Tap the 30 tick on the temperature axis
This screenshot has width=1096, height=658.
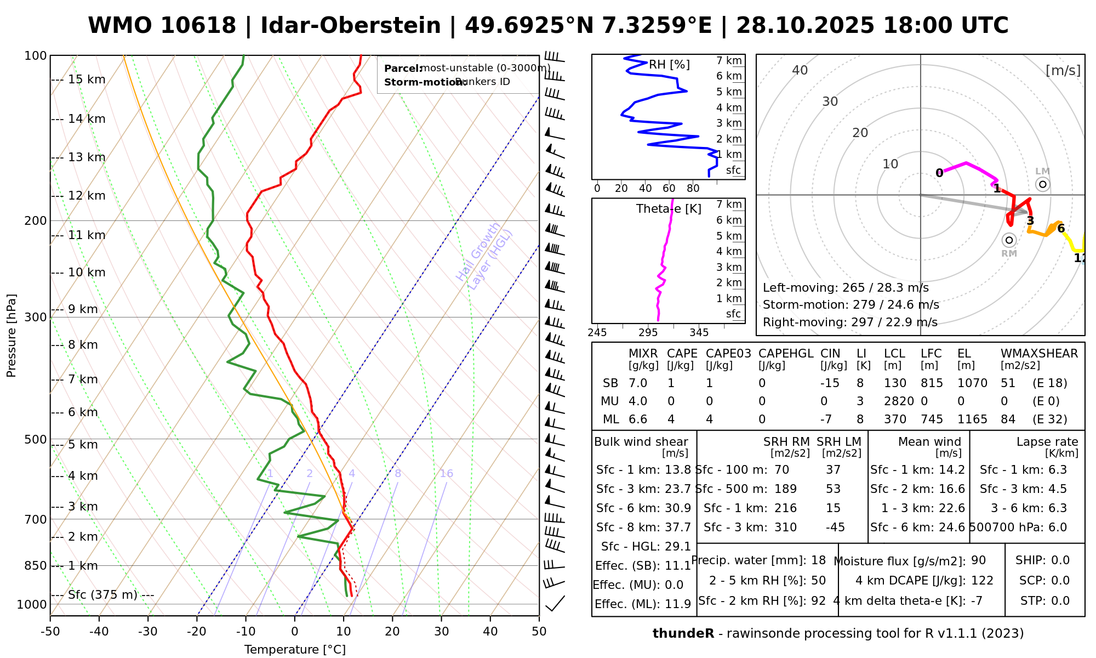pyautogui.click(x=441, y=632)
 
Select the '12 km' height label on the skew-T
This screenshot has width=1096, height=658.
pyautogui.click(x=87, y=196)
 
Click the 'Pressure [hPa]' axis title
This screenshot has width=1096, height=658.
pyautogui.click(x=12, y=336)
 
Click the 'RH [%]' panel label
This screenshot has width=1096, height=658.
pyautogui.click(x=669, y=65)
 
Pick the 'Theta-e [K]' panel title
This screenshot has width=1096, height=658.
pyautogui.click(x=669, y=209)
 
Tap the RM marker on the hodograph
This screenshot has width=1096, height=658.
pyautogui.click(x=1009, y=240)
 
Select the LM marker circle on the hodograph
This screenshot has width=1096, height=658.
pyautogui.click(x=1042, y=184)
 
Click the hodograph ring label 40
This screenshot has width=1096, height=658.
pyautogui.click(x=800, y=70)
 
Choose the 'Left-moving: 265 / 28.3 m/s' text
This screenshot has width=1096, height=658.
pyautogui.click(x=846, y=288)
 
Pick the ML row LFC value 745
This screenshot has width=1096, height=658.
pyautogui.click(x=932, y=419)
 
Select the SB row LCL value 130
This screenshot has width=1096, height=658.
pyautogui.click(x=895, y=383)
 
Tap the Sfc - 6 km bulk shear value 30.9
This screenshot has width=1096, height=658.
pyautogui.click(x=678, y=508)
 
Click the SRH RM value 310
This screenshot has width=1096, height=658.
pyautogui.click(x=785, y=527)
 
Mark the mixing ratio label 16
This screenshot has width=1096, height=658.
pyautogui.click(x=446, y=474)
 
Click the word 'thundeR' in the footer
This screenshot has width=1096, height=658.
pyautogui.click(x=683, y=634)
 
